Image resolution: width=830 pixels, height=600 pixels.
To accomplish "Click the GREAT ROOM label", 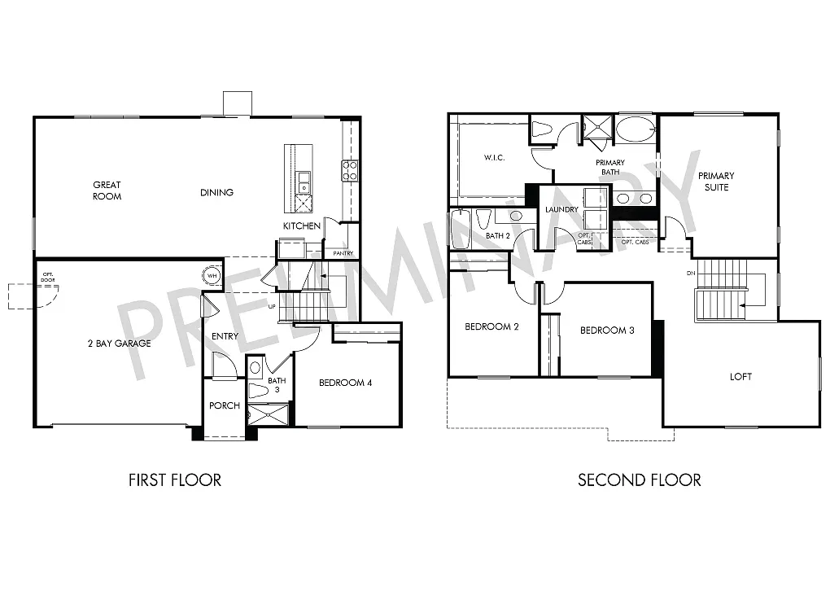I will click(107, 191).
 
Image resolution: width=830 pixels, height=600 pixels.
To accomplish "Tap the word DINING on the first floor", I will click(216, 193).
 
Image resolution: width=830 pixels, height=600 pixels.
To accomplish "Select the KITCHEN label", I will click(302, 226).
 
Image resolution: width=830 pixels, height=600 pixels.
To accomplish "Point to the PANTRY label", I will click(343, 253).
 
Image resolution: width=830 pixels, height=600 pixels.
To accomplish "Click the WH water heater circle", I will click(212, 276).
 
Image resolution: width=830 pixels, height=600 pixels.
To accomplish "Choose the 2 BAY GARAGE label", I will click(120, 344).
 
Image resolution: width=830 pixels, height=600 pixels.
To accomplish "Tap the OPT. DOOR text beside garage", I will click(47, 276).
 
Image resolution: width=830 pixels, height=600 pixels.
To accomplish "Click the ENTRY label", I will click(225, 336).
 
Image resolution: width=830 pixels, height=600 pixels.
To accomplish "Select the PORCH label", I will click(225, 405).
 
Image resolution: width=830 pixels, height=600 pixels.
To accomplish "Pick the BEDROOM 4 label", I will click(345, 383).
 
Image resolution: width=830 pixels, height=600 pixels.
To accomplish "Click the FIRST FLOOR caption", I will click(174, 480).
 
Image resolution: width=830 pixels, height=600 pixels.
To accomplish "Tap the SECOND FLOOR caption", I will click(639, 480).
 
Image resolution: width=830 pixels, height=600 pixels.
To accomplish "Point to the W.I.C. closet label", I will click(494, 158).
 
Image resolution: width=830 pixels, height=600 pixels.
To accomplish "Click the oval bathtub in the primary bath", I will click(635, 129).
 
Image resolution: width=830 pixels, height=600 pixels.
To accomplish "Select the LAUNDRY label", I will click(561, 210).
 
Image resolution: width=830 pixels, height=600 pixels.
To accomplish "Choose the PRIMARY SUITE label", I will click(716, 182).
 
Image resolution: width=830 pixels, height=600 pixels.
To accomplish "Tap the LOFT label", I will click(740, 377).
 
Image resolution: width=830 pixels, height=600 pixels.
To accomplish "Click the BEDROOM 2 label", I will click(491, 327).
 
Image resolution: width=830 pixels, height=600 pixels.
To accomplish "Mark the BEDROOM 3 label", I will click(607, 331).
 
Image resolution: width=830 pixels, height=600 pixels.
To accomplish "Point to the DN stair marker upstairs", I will click(691, 274).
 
